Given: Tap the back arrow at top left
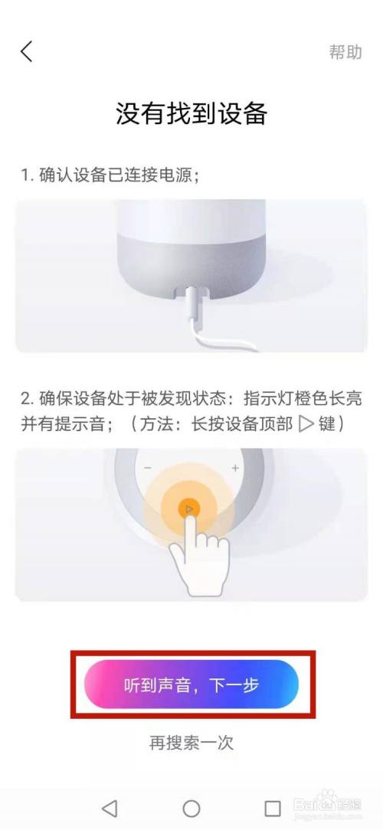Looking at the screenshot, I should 27,51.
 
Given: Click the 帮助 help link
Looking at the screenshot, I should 345,52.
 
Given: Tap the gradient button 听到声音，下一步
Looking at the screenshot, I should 191,684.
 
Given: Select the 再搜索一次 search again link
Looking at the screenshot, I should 191,741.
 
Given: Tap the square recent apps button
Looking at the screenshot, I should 272,808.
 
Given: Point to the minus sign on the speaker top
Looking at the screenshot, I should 147,468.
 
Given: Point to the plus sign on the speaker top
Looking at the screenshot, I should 235,468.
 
